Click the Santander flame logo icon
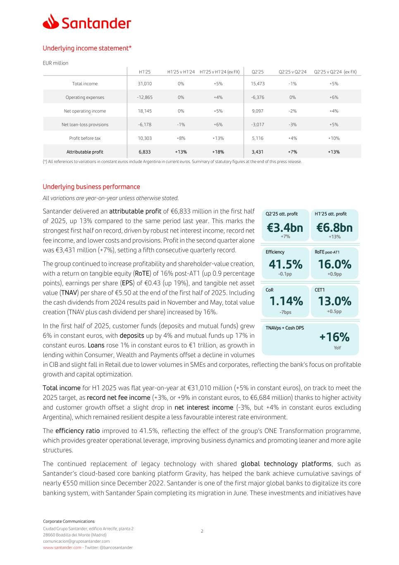[x=51, y=22]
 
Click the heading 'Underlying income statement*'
[x=87, y=48]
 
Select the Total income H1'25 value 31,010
[x=145, y=84]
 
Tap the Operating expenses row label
[x=85, y=97]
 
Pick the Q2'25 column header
[x=258, y=72]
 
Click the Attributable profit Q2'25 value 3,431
[x=258, y=152]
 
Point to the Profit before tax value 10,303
[x=145, y=138]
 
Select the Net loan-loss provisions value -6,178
[x=145, y=125]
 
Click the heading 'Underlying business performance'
[x=91, y=187]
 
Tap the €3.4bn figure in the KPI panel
[x=285, y=228]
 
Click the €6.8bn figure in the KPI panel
[x=334, y=228]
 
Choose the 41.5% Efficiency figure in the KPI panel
[x=285, y=264]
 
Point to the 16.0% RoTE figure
[x=334, y=264]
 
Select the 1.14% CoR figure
[x=286, y=301]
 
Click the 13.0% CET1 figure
[x=334, y=301]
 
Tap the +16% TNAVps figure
[x=334, y=337]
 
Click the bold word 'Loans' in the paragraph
[x=96, y=345]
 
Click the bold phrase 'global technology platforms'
[x=286, y=464]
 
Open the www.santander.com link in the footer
[x=62, y=548]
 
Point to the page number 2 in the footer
[x=202, y=531]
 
